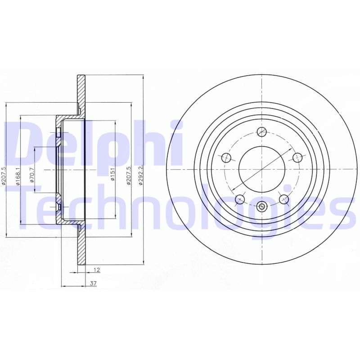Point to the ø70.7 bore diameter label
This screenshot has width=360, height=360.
pos(31,175)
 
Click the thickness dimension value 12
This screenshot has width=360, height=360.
pos(96,270)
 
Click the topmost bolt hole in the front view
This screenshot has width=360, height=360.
pos(261,131)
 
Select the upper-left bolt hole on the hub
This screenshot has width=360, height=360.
pos(227,157)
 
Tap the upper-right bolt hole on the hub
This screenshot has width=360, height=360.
pos(297,157)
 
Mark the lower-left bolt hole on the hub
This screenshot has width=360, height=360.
pos(240,198)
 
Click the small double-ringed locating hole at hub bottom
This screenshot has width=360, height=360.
pos(261,207)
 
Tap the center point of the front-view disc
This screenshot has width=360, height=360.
pos(261,170)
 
